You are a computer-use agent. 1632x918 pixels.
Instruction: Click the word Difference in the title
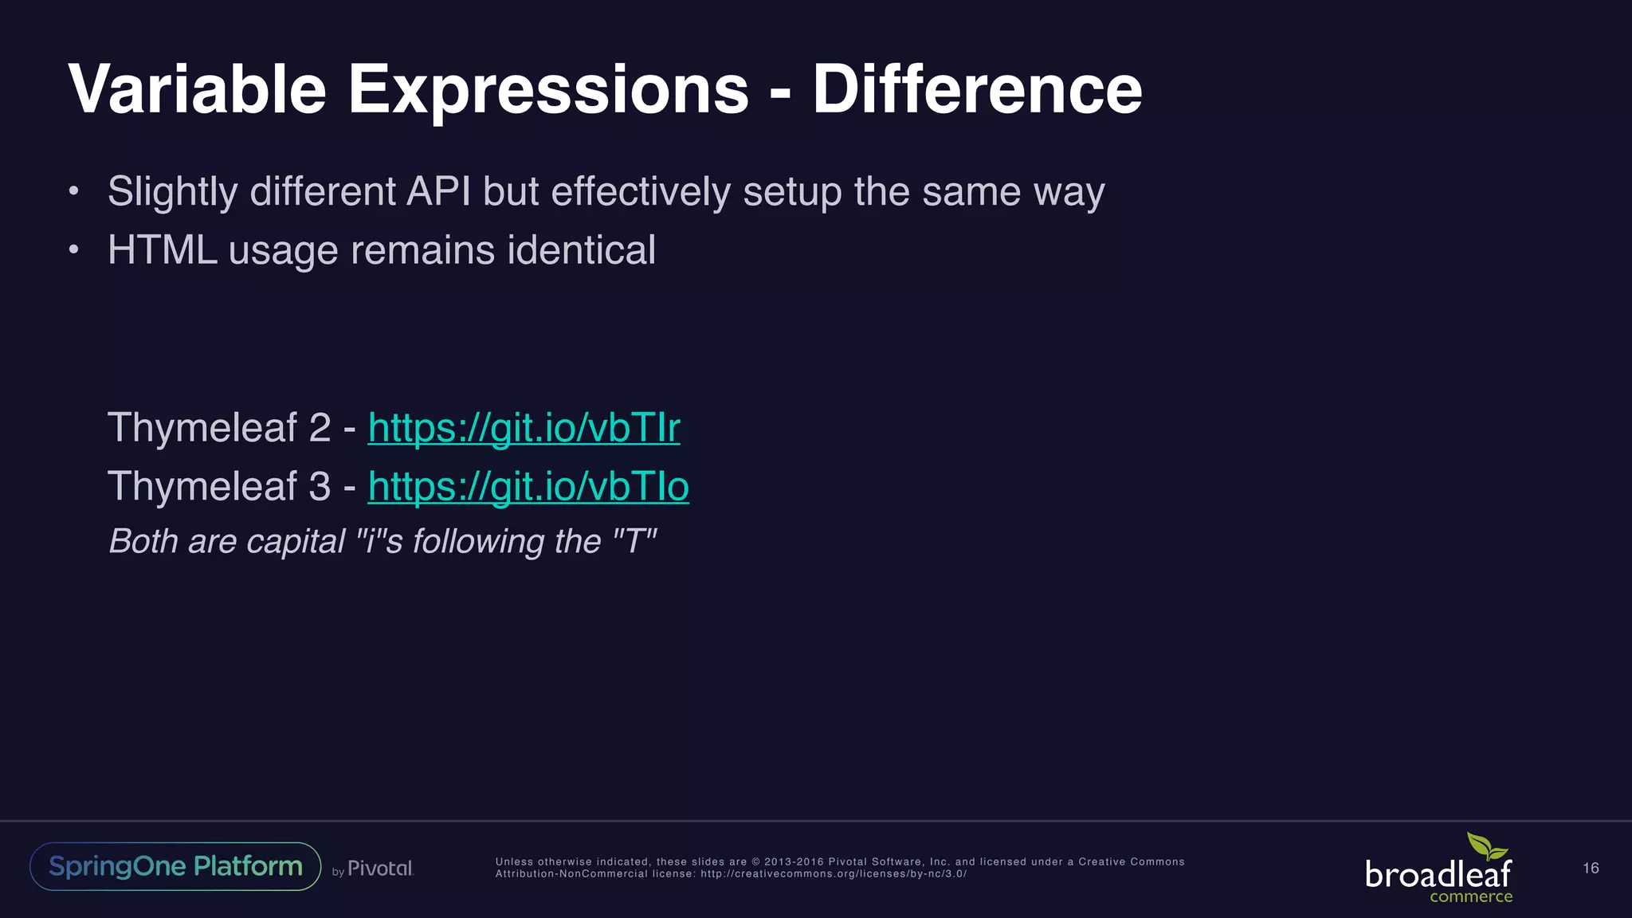coord(977,89)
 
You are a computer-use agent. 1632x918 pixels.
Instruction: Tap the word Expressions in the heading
coord(548,89)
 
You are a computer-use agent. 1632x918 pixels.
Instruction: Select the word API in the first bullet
coord(438,191)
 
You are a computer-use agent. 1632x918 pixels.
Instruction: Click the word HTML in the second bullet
coord(163,250)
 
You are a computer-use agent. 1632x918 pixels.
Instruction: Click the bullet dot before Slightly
coord(73,191)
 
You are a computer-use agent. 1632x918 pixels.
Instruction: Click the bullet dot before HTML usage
coord(73,250)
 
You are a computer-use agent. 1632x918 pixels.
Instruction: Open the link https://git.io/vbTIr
coord(524,428)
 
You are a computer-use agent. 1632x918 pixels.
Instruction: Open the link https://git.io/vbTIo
coord(528,486)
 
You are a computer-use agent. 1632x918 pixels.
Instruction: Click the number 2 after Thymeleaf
coord(319,428)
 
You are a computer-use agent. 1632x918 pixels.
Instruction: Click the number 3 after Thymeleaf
coord(319,486)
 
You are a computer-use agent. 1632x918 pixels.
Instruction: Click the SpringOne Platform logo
coord(175,866)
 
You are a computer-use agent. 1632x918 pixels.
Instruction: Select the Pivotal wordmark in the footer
coord(380,869)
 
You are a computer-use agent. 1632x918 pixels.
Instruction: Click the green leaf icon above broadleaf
coord(1486,846)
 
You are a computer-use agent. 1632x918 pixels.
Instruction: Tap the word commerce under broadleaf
coord(1470,897)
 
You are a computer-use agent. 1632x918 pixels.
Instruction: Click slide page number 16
coord(1591,869)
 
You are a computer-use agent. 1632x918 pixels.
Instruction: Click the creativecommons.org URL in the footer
coord(833,874)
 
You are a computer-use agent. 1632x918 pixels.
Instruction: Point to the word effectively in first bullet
coord(640,191)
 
